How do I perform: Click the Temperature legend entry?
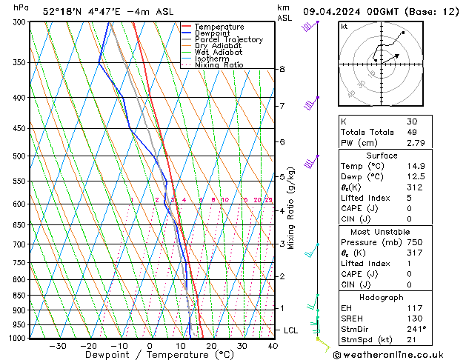218,27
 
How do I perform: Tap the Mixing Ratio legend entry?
219,65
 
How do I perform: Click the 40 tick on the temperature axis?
273,346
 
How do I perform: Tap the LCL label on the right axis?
292,330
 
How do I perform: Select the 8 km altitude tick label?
282,70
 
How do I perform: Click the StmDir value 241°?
416,329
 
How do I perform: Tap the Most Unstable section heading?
382,231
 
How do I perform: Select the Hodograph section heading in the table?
382,297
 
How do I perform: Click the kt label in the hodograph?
344,27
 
